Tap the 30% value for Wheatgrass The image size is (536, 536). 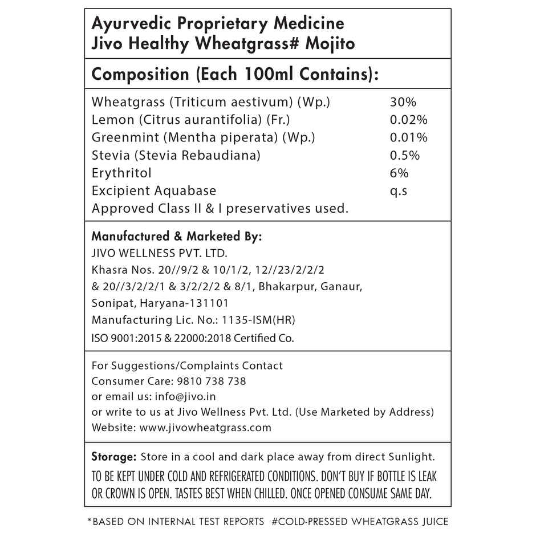click(403, 103)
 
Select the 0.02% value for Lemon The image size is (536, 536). click(408, 120)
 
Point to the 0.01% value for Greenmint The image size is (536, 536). click(408, 137)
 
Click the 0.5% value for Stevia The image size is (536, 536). click(405, 155)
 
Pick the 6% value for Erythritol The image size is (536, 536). click(399, 173)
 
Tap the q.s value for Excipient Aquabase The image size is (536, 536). click(399, 190)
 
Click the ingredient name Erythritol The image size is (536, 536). click(121, 173)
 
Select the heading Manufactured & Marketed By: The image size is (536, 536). click(177, 236)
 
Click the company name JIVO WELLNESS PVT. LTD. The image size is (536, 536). click(160, 253)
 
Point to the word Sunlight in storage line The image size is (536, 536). click(410, 457)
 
